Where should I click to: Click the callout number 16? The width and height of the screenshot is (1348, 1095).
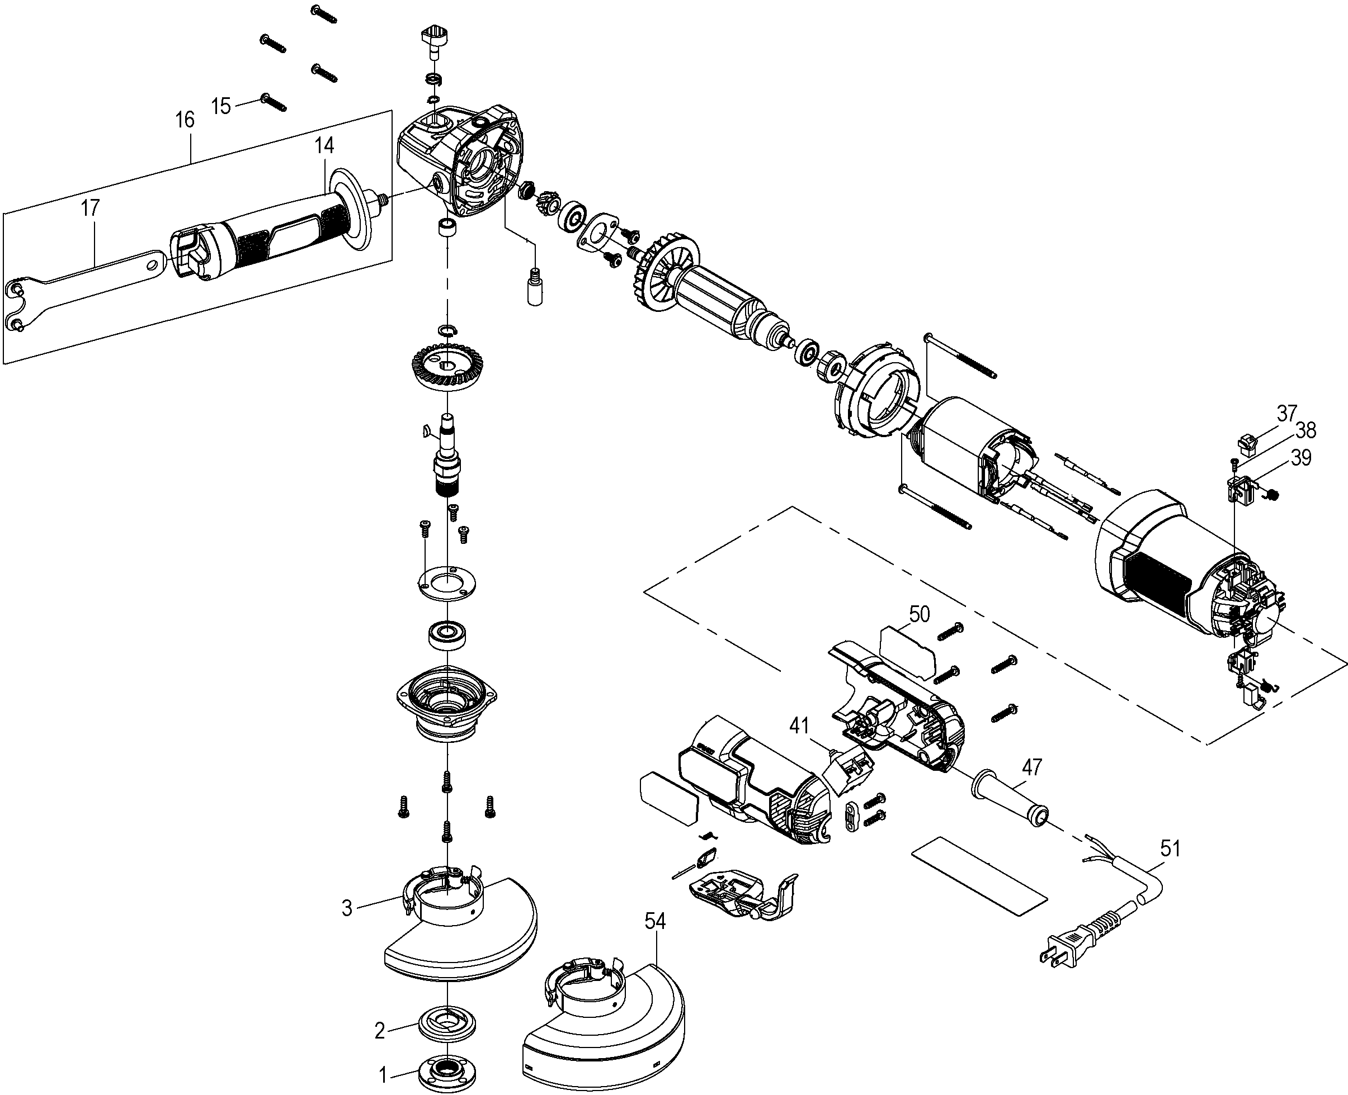[x=185, y=120]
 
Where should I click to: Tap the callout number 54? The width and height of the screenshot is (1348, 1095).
[x=655, y=922]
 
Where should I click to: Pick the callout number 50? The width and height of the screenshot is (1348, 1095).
[x=919, y=614]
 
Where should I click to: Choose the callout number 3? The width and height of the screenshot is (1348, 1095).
[x=346, y=909]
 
